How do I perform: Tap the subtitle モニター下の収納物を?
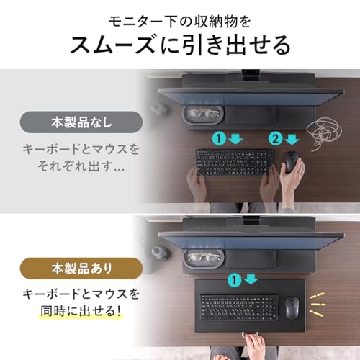pos(180,15)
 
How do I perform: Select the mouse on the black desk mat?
pos(292,307)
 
